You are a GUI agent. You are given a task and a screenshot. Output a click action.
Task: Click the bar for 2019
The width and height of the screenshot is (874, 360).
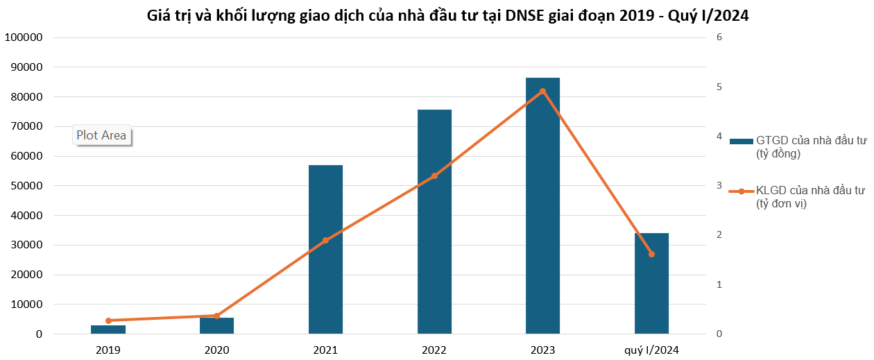pyautogui.click(x=108, y=329)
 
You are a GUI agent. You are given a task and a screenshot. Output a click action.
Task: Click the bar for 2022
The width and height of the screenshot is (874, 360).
pyautogui.click(x=434, y=222)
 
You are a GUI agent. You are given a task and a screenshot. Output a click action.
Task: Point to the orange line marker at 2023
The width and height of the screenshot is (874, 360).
pyautogui.click(x=542, y=91)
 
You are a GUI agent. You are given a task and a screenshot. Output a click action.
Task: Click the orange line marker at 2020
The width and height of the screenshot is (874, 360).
pyautogui.click(x=216, y=316)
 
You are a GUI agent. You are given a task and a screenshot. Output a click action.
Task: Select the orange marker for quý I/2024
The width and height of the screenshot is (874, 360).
pyautogui.click(x=651, y=254)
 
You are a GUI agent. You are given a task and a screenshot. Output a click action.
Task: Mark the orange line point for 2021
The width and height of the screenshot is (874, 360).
pyautogui.click(x=325, y=241)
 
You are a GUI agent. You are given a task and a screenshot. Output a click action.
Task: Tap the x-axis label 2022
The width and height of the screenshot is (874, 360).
pyautogui.click(x=434, y=350)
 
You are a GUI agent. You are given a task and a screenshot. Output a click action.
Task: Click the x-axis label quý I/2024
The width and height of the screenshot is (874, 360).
pyautogui.click(x=651, y=350)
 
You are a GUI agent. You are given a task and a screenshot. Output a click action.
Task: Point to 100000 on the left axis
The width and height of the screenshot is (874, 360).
pyautogui.click(x=23, y=37)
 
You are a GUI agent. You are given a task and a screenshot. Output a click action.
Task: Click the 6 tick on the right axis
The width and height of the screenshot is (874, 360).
pyautogui.click(x=719, y=37)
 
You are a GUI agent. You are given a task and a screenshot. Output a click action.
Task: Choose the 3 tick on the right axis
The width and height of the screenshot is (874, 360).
pyautogui.click(x=719, y=186)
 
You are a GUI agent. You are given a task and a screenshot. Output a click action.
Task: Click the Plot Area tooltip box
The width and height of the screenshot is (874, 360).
pyautogui.click(x=101, y=135)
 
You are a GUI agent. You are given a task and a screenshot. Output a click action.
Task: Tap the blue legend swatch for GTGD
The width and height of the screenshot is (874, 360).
pyautogui.click(x=742, y=141)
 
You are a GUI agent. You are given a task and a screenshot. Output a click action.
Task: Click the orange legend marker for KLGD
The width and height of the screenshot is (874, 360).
pyautogui.click(x=742, y=191)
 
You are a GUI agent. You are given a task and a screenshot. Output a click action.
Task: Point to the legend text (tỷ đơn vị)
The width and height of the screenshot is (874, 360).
pyautogui.click(x=781, y=204)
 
